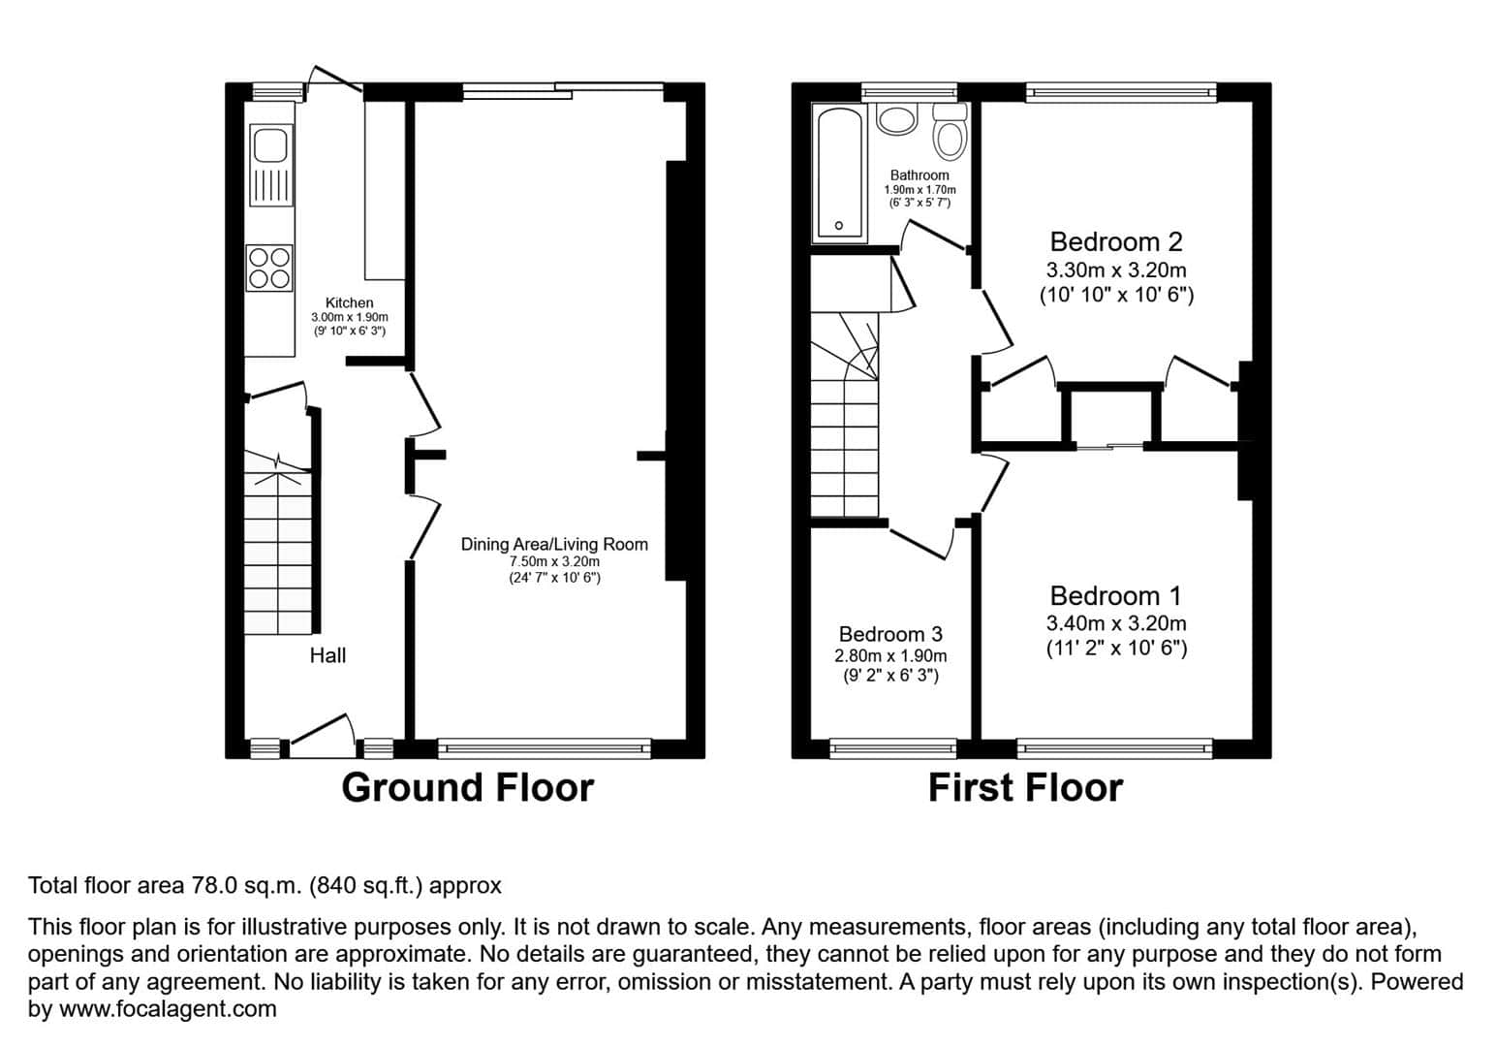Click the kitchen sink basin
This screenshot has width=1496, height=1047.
pos(270,145)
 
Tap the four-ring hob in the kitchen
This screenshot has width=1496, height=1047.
pos(269,268)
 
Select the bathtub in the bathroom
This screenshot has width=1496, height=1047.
pos(839,174)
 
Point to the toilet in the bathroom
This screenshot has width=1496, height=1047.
pos(950,132)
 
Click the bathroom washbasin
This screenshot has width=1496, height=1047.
pos(896,119)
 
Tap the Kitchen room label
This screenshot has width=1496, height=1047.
pos(349,302)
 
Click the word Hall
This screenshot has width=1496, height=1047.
pos(327,655)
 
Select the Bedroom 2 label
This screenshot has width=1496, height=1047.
pos(1116,241)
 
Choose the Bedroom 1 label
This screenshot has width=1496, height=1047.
pos(1115,596)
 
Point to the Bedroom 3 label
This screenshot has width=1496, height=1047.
pos(890,634)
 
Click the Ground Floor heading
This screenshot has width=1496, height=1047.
pos(467,788)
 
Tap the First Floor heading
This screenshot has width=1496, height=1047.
pos(1026,788)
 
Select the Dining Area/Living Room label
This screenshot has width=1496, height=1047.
pos(554,545)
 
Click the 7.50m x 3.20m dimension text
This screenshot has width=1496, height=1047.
pos(554,561)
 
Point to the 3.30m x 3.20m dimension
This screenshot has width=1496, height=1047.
pos(1116,270)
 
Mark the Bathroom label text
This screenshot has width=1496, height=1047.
pos(919,175)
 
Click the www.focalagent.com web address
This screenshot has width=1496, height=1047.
pos(168,1009)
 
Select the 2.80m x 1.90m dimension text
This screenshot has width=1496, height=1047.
pos(890,656)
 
